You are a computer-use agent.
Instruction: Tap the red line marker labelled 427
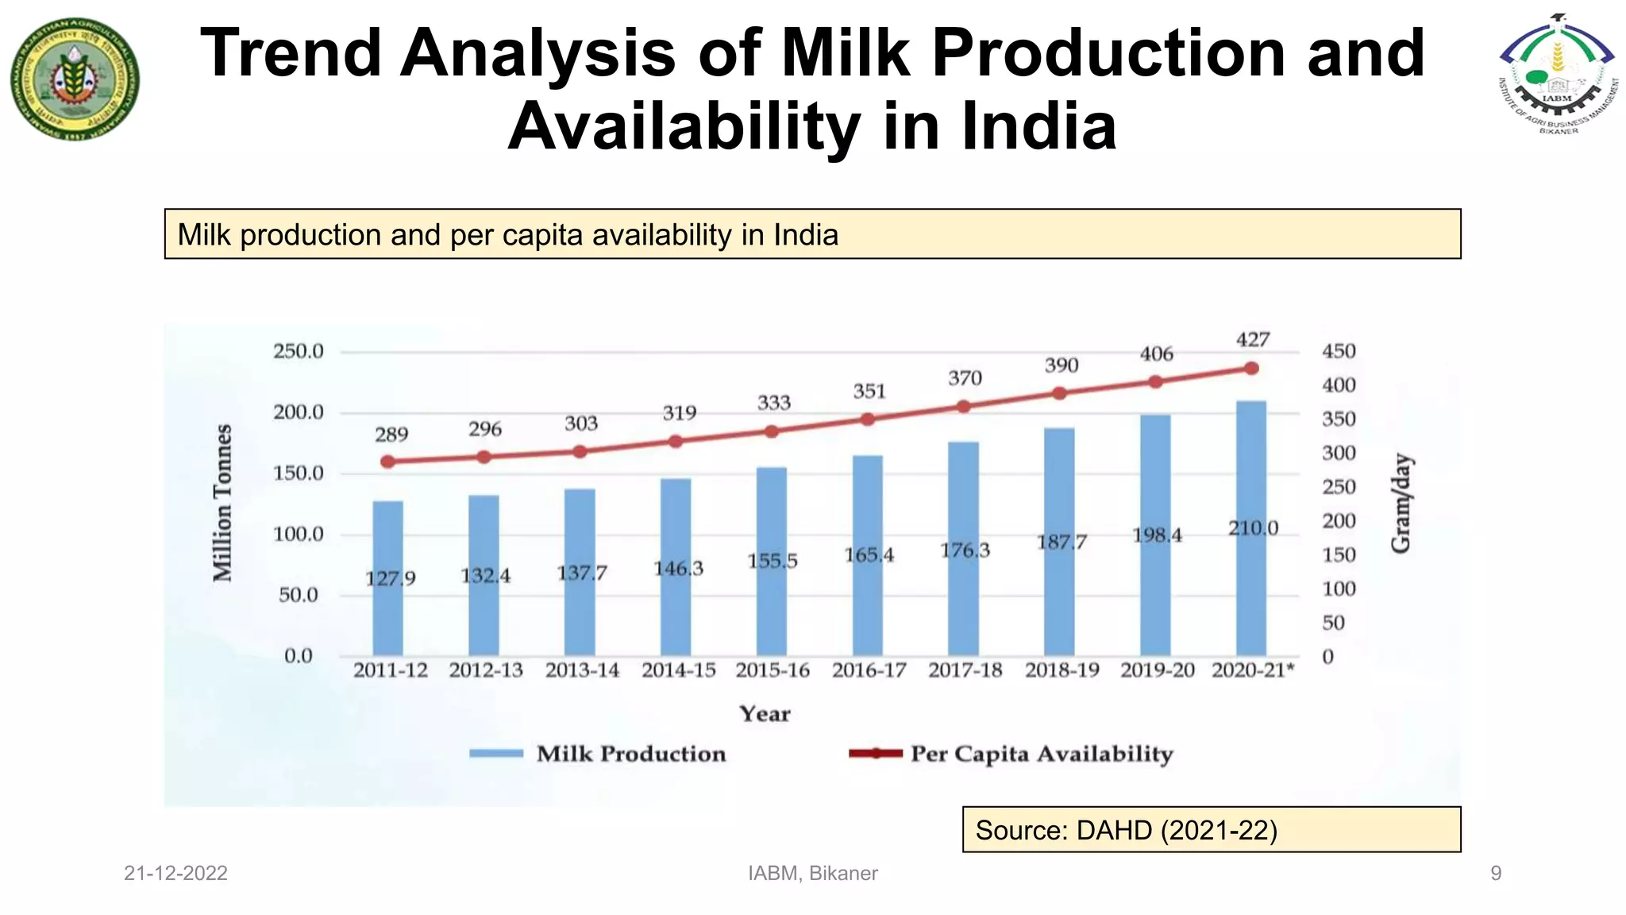(1251, 369)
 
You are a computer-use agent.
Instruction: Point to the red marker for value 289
(387, 461)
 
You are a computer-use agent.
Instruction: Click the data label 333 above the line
(773, 403)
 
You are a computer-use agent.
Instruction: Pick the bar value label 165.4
(869, 555)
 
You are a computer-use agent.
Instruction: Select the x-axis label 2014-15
(678, 671)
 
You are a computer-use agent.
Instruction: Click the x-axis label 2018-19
(1062, 671)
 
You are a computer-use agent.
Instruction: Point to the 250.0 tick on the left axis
(299, 351)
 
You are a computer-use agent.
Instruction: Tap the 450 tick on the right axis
(1339, 351)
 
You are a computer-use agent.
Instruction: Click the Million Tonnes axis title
(223, 503)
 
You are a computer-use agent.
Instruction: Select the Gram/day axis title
(1402, 503)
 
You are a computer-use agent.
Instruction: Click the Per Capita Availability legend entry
(1011, 754)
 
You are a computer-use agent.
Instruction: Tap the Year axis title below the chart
(765, 713)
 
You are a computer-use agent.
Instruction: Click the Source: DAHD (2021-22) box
(1211, 830)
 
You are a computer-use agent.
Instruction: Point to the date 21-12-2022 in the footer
(175, 874)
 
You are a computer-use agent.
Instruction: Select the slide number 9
(1496, 874)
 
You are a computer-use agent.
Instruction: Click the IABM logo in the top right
(1557, 75)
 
